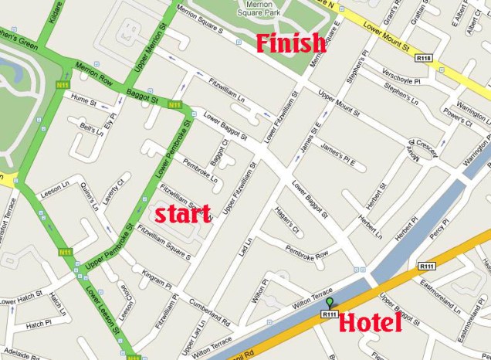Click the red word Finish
[290, 43]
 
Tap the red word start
[182, 214]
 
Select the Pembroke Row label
[307, 253]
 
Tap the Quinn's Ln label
[94, 202]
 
